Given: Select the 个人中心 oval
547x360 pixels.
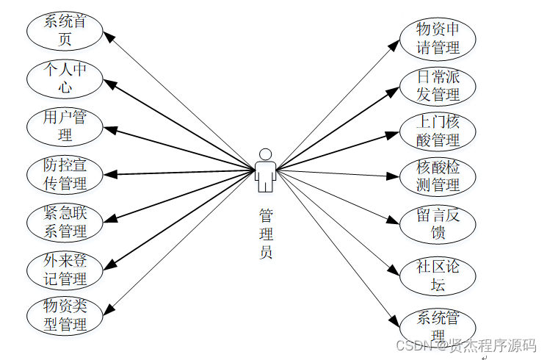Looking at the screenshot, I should pos(65,78).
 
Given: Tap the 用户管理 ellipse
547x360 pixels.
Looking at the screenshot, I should pos(65,126).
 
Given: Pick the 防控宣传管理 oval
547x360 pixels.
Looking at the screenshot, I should pos(65,174).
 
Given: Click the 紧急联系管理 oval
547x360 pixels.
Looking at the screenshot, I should pos(65,222).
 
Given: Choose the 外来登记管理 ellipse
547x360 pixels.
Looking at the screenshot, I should pos(65,270).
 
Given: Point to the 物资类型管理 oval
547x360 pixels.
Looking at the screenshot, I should pos(65,314).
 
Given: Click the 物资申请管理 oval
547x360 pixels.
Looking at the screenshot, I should pos(438,38).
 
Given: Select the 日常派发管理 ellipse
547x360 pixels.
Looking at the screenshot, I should pos(438,85).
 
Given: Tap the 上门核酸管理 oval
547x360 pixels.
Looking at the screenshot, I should pos(438,131).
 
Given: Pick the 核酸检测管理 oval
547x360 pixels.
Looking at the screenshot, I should pos(438,176).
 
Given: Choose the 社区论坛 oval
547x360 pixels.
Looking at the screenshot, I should pos(438,276).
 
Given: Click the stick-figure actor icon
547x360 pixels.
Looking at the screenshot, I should pos(265,170).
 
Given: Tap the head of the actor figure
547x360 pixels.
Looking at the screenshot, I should pos(265,154).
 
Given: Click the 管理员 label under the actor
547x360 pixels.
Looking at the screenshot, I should pos(265,234).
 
